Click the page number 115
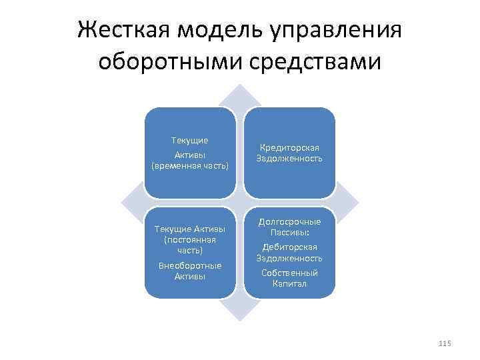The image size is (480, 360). click(445, 343)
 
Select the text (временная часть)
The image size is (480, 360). click(190, 165)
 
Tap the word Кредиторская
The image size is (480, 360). click(289, 147)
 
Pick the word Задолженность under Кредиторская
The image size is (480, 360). click(289, 159)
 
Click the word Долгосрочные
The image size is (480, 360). click(289, 221)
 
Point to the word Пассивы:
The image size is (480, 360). click(289, 233)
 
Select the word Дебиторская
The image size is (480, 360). click(289, 247)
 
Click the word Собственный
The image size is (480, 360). click(289, 273)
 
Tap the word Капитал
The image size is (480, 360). click(289, 283)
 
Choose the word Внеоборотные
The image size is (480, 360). click(190, 265)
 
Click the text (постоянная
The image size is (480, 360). click(190, 239)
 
